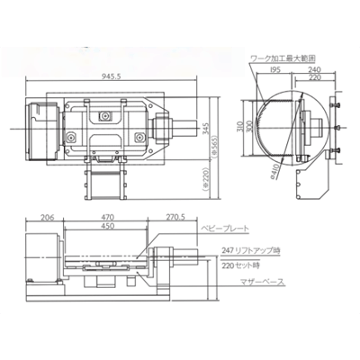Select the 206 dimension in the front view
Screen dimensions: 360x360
pos(47,217)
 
